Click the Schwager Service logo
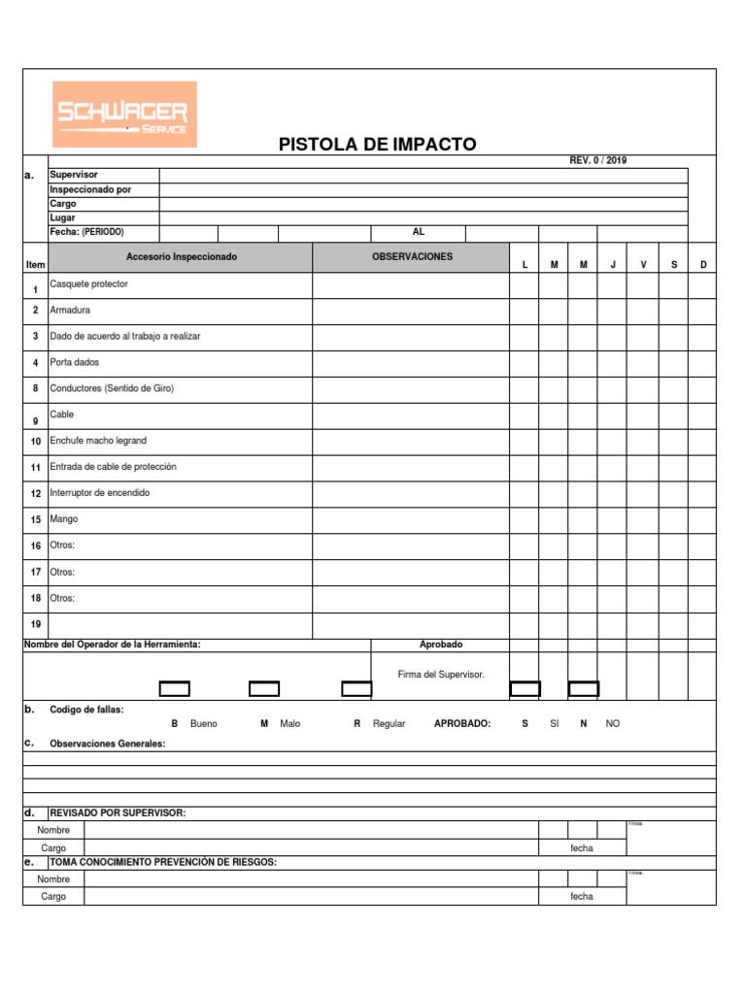tap(123, 115)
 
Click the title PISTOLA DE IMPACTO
tap(378, 145)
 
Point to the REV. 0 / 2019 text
tap(597, 160)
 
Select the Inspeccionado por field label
tap(90, 189)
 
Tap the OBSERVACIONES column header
tap(412, 256)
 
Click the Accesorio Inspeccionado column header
tap(181, 256)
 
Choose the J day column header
tap(613, 265)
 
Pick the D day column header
tap(703, 265)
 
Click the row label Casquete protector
tap(88, 283)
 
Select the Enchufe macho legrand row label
tap(98, 441)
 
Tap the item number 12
tap(35, 493)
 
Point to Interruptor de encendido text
tap(100, 493)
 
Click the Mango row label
tap(64, 519)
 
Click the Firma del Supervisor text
tap(441, 674)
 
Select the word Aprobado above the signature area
tap(441, 645)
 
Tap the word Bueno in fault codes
tap(204, 723)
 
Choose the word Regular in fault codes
tap(389, 723)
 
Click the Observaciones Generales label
tap(108, 744)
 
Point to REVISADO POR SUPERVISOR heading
tap(118, 812)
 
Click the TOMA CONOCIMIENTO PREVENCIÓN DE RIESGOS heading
tap(163, 861)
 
